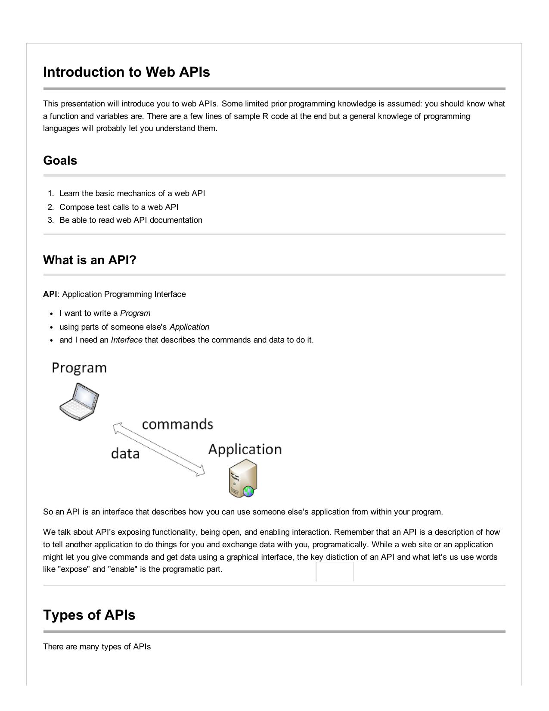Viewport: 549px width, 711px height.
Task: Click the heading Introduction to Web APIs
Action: (126, 72)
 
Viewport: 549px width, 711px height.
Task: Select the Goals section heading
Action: (60, 161)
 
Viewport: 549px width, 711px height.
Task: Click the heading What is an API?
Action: (90, 260)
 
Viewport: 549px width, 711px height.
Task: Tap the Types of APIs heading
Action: (89, 615)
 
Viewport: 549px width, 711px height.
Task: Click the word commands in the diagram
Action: (177, 424)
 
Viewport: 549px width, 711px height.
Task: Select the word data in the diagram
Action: (125, 454)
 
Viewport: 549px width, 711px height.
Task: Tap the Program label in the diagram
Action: (79, 368)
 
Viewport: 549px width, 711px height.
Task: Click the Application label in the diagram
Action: (245, 449)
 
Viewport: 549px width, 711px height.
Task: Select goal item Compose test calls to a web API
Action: (119, 207)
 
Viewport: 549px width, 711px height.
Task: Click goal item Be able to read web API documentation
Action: (130, 220)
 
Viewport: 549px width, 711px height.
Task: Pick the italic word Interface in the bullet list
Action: (127, 340)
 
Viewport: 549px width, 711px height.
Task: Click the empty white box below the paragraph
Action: (335, 572)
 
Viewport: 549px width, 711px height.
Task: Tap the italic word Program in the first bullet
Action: (135, 313)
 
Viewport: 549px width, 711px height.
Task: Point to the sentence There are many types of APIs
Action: (97, 647)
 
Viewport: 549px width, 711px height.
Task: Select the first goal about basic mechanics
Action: (132, 193)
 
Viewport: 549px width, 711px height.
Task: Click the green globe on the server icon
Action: (248, 491)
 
